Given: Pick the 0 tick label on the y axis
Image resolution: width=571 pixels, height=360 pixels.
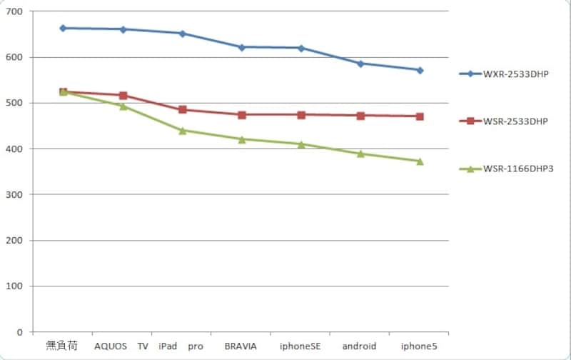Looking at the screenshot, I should click(x=20, y=332).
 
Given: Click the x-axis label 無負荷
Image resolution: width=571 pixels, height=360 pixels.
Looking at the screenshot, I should click(x=61, y=346).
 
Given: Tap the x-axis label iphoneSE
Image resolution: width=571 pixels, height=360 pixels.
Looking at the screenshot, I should click(x=300, y=346).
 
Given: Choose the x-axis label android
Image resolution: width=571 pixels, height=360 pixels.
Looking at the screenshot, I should click(x=359, y=346).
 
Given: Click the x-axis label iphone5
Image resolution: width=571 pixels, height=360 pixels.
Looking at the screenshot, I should click(x=419, y=346).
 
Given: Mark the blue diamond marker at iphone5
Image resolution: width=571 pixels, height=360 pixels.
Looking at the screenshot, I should click(x=420, y=70).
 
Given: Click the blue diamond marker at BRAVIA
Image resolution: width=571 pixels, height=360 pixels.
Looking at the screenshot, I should click(x=242, y=47).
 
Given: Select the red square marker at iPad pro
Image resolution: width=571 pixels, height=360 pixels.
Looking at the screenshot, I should click(x=183, y=110).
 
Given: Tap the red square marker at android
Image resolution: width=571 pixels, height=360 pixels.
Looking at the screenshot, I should click(x=360, y=116).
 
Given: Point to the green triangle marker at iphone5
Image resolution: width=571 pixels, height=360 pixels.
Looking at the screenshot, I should click(x=420, y=161).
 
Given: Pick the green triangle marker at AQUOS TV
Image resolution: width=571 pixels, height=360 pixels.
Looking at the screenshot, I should click(x=123, y=106).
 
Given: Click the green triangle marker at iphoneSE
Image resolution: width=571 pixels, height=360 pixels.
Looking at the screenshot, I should click(x=301, y=144).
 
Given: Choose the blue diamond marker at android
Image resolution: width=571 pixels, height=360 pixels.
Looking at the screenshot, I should click(x=360, y=64).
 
